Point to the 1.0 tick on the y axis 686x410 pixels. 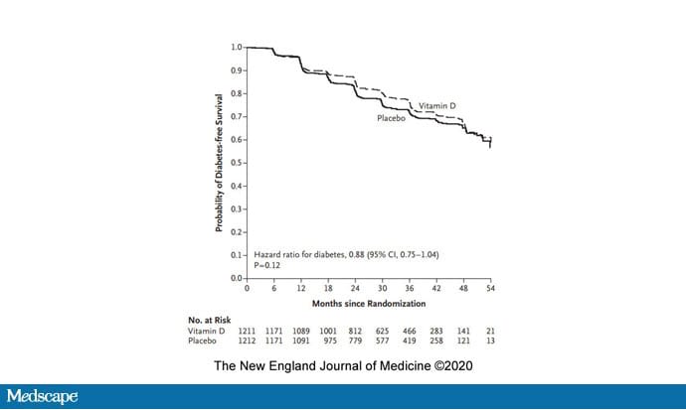(237, 47)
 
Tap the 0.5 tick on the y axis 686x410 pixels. (237, 163)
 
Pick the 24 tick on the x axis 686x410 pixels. (355, 289)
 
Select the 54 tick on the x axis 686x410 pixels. (490, 289)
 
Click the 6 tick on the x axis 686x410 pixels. (273, 289)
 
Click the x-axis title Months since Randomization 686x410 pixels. (368, 302)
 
